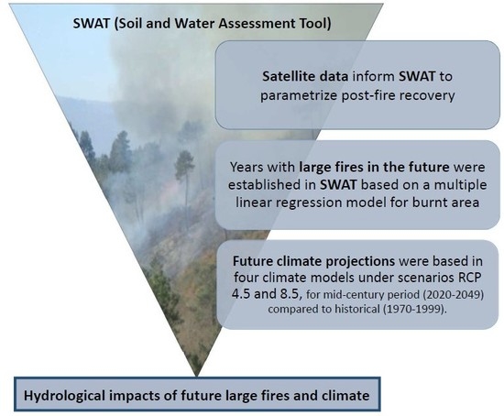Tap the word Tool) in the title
[317, 24]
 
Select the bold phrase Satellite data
[305, 77]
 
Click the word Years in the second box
[247, 167]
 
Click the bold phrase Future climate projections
[313, 261]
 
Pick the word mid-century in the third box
[352, 295]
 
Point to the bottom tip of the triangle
[197, 376]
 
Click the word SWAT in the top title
[92, 24]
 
